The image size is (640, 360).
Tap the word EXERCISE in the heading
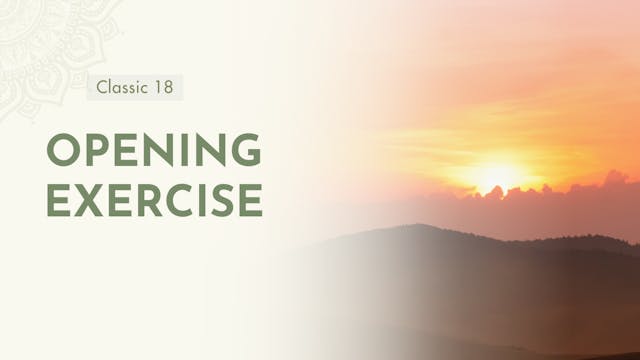coord(154,199)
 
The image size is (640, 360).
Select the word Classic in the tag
coord(121,87)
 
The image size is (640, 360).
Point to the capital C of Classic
coord(102,87)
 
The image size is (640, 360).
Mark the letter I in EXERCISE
coord(200,199)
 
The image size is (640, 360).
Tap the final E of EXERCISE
coord(251,199)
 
